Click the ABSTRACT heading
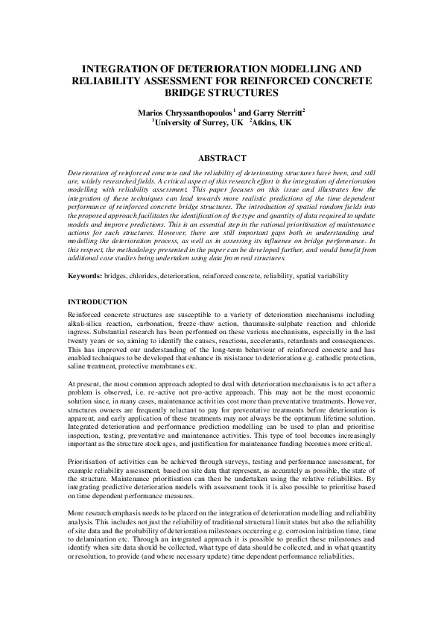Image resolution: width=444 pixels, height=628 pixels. click(221, 158)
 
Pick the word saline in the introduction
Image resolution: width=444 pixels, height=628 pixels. click(79, 366)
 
